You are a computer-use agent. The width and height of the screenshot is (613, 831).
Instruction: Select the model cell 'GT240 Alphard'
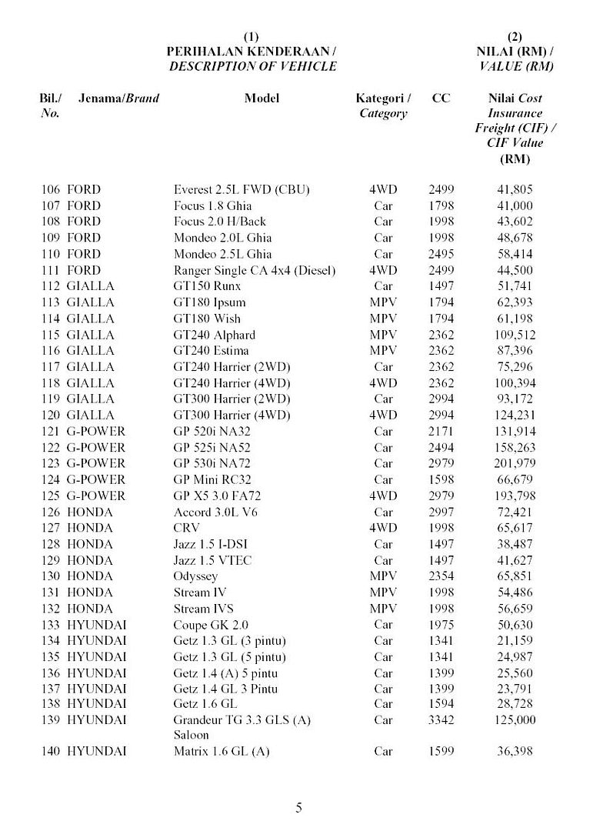[x=214, y=335]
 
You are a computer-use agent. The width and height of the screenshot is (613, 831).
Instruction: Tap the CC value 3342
[x=441, y=720]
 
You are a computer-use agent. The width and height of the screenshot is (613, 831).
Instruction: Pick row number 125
[x=50, y=496]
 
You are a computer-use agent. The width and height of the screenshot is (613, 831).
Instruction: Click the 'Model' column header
[x=262, y=98]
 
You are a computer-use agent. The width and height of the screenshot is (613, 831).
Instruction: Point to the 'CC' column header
[x=441, y=98]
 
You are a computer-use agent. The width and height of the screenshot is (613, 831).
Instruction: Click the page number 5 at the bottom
[x=299, y=807]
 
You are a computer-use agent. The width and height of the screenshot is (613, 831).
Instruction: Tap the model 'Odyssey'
[x=195, y=576]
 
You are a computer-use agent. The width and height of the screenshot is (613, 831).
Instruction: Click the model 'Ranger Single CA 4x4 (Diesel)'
[x=255, y=270]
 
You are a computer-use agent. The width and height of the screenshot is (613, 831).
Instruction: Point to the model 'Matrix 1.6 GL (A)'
[x=222, y=751]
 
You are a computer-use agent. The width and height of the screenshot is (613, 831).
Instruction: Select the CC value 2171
[x=441, y=431]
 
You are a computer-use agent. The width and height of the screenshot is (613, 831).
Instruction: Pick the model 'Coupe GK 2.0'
[x=211, y=625]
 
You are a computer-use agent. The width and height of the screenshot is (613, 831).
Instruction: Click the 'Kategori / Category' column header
[x=383, y=106]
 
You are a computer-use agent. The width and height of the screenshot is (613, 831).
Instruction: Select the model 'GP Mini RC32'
[x=212, y=479]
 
